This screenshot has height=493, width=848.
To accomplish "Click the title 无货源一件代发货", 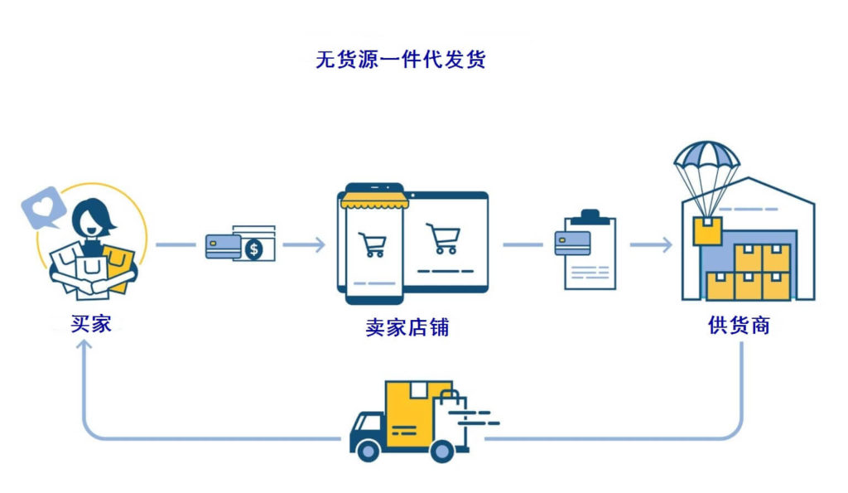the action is [x=401, y=60].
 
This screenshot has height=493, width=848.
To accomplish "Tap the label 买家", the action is [x=91, y=324].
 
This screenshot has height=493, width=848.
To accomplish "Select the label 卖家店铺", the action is [x=407, y=327].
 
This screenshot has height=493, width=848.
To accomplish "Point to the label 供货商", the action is [x=739, y=326].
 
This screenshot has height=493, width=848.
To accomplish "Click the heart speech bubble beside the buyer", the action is [x=43, y=207].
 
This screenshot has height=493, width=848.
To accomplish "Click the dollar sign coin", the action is [x=253, y=249].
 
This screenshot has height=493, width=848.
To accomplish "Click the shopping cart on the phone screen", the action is [x=373, y=244].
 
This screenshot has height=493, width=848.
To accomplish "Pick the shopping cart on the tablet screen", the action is [x=443, y=239].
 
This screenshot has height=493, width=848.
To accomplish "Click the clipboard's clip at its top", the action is [x=590, y=217].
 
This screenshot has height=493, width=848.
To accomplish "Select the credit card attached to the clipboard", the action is [x=572, y=243].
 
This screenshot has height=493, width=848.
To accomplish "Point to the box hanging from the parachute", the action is [x=707, y=230].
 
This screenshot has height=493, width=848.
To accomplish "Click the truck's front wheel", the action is [x=369, y=450].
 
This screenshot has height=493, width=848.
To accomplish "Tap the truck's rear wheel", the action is [x=442, y=450].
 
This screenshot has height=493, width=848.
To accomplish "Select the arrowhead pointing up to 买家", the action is [x=84, y=346].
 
